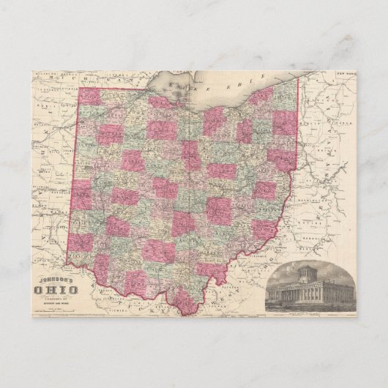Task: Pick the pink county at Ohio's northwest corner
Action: [89, 98]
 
